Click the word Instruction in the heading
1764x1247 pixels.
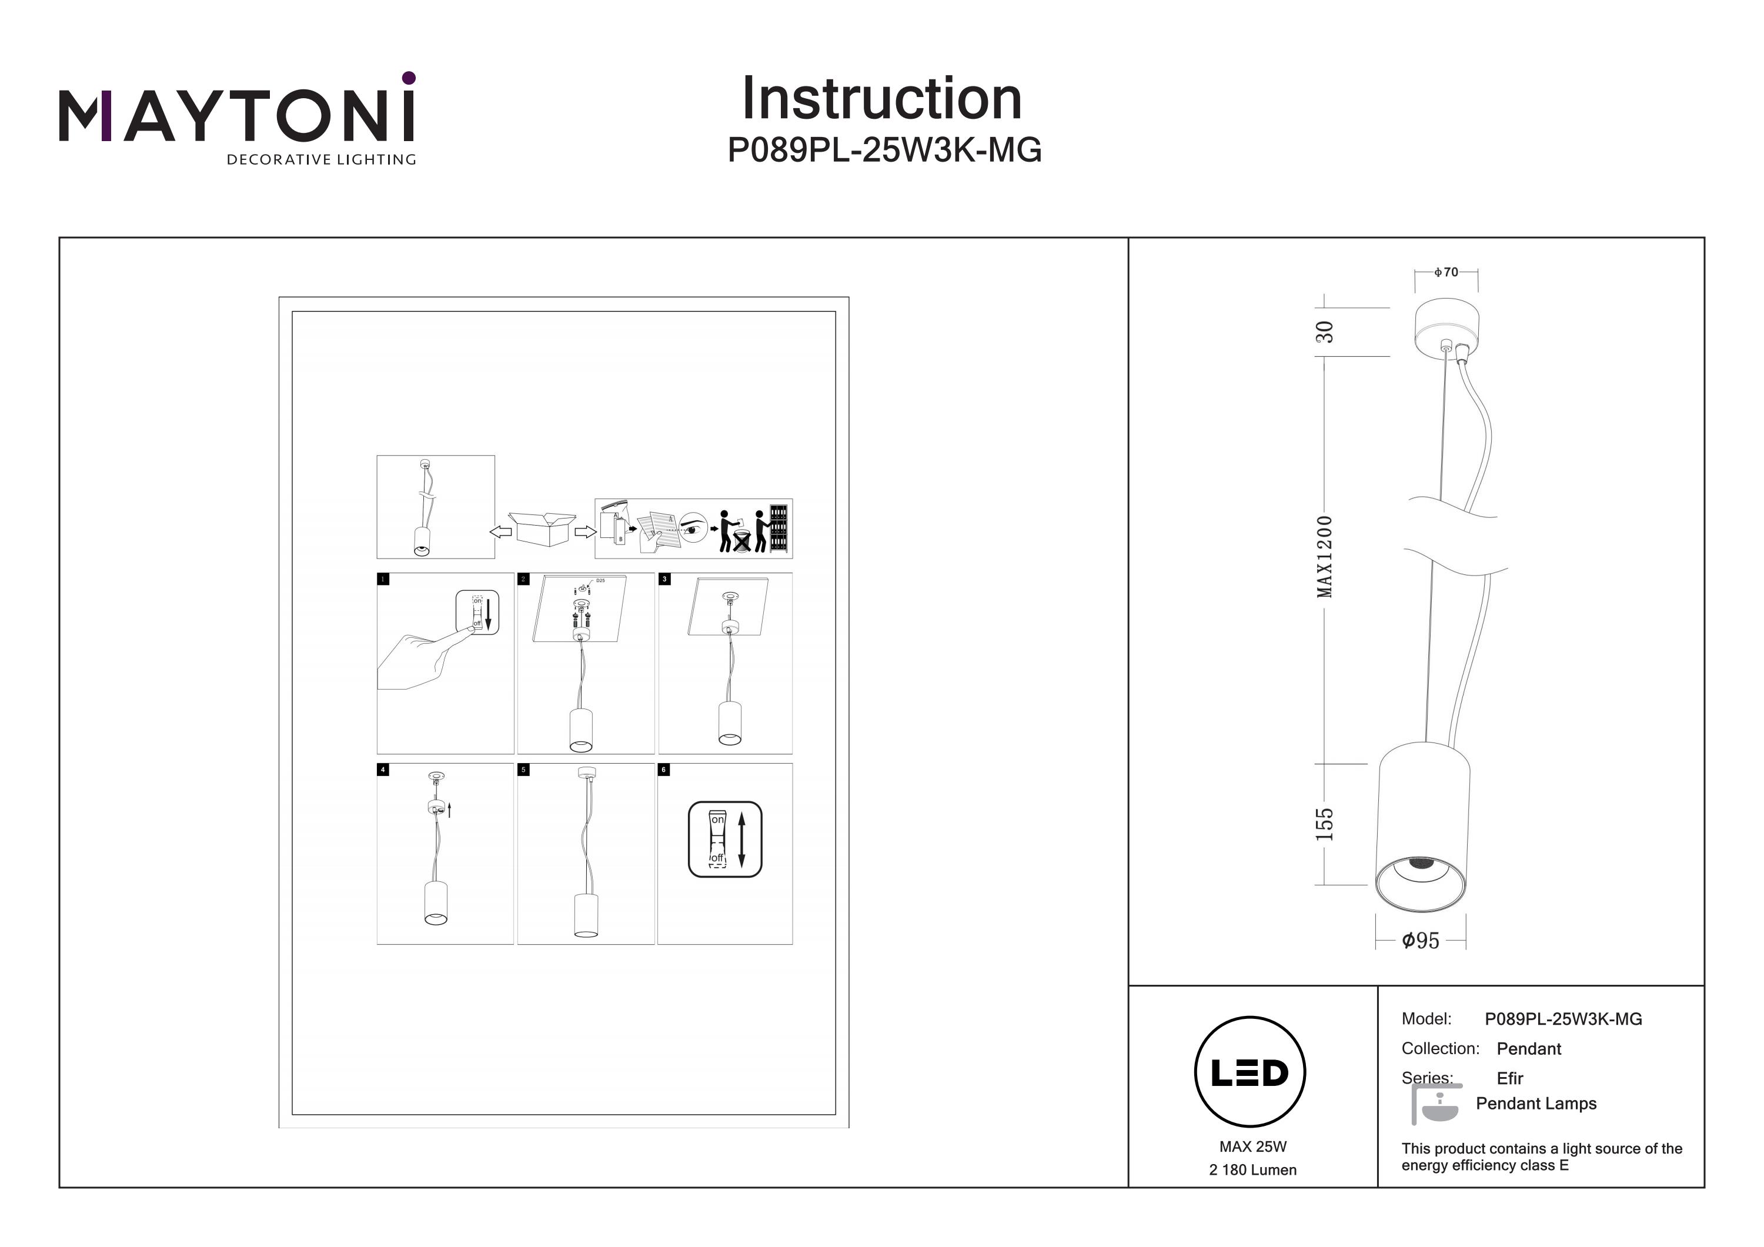tap(881, 99)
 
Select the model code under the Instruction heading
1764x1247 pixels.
tap(884, 151)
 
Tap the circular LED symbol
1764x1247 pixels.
tap(1249, 1072)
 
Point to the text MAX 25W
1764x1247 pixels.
tap(1252, 1146)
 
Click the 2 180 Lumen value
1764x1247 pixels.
tap(1252, 1170)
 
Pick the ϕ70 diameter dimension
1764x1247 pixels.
tap(1446, 272)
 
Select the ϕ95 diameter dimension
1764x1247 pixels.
tap(1420, 941)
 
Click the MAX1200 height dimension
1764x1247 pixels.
tap(1325, 556)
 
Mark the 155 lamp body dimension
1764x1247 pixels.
tap(1325, 824)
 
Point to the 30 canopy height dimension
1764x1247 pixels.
tap(1325, 332)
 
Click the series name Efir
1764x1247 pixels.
tap(1510, 1078)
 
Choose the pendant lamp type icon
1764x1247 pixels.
tap(1436, 1105)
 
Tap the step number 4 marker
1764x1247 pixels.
tap(383, 769)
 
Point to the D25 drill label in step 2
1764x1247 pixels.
tap(600, 581)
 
